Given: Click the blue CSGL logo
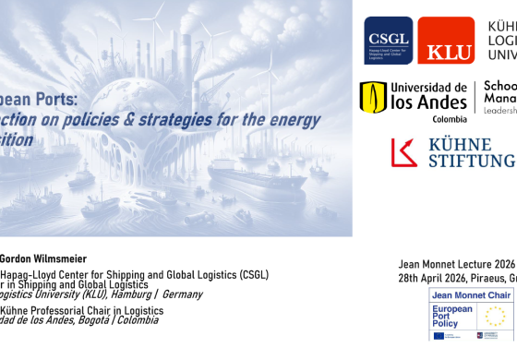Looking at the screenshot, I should [x=388, y=41].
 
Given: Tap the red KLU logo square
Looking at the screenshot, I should [x=446, y=41].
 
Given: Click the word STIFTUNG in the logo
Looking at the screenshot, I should [x=472, y=162].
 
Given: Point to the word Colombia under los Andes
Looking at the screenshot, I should [x=424, y=119].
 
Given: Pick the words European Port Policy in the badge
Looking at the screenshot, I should [x=453, y=317].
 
